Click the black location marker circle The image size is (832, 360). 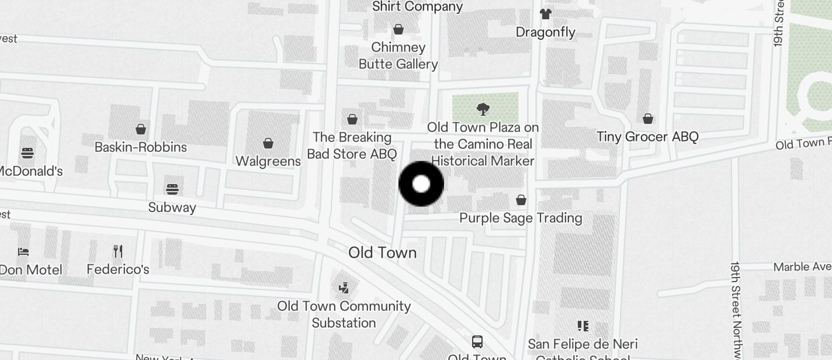click(421, 184)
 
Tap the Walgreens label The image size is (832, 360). click(268, 161)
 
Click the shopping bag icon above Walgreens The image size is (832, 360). click(268, 143)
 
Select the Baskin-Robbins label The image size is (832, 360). click(141, 147)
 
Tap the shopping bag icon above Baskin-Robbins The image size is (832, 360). click(141, 129)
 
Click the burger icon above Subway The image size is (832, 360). click(172, 189)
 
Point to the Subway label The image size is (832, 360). click(172, 207)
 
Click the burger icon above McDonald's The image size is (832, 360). click(27, 153)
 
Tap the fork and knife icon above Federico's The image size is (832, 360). click(118, 251)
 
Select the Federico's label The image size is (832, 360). click(118, 269)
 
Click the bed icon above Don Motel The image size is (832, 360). click(23, 252)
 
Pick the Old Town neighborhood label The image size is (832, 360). click(382, 253)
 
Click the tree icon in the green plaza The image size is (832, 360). click(483, 109)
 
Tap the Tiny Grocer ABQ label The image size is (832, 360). click(647, 137)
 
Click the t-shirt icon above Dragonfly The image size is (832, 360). click(545, 14)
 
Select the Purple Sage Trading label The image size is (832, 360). click(521, 218)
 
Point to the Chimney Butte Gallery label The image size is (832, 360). click(398, 56)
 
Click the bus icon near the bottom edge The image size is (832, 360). click(477, 341)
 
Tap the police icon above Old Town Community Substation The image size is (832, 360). click(344, 288)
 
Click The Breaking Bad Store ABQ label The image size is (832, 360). click(352, 146)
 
